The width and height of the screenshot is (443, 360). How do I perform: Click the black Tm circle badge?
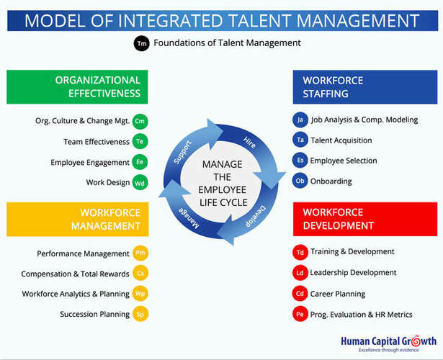pyautogui.click(x=141, y=43)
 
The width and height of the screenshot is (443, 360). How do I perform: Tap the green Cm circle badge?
pyautogui.click(x=140, y=121)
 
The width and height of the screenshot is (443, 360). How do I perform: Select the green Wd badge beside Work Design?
pyautogui.click(x=140, y=182)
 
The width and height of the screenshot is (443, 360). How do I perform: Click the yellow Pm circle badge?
pyautogui.click(x=140, y=253)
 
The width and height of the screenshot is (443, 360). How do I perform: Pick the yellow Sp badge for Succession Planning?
pyautogui.click(x=140, y=314)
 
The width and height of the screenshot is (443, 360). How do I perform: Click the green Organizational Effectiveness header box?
pyautogui.click(x=77, y=87)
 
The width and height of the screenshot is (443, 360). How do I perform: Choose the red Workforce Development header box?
pyautogui.click(x=365, y=219)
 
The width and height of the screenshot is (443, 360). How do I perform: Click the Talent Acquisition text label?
pyautogui.click(x=341, y=140)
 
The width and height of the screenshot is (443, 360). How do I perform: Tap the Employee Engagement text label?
pyautogui.click(x=90, y=162)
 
